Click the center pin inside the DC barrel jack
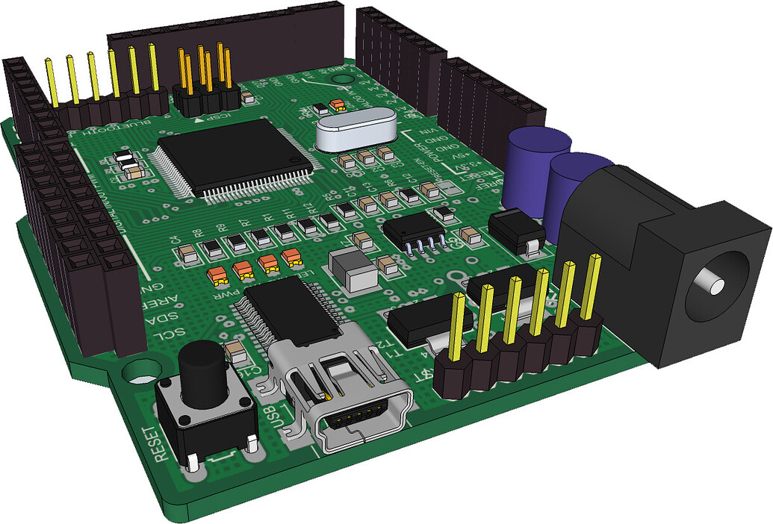point(715,286)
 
